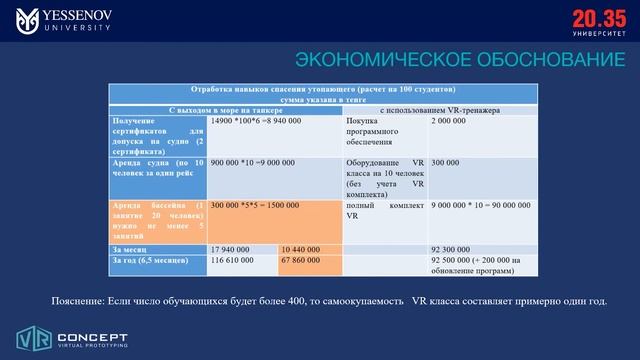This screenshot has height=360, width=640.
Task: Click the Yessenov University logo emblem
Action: pyautogui.click(x=28, y=20)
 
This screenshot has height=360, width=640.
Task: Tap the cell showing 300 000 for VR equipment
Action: pyautogui.click(x=446, y=162)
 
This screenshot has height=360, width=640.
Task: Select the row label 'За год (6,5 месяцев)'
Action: pyautogui.click(x=149, y=259)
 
